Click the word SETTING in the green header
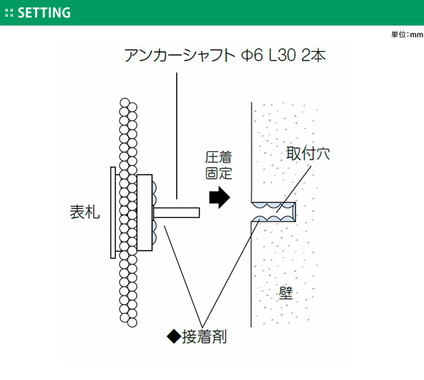click(44, 12)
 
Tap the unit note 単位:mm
click(407, 34)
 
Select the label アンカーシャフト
click(180, 56)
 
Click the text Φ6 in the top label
click(251, 56)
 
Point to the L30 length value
click(282, 56)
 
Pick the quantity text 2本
click(314, 56)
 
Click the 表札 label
click(85, 212)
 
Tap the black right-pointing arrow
click(219, 197)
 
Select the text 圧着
click(219, 157)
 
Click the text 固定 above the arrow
click(219, 173)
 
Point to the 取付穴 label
click(308, 153)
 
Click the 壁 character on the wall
click(286, 293)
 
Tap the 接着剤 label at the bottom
click(204, 337)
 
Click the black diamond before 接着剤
click(174, 337)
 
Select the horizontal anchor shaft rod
click(176, 213)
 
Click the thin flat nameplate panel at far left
click(113, 213)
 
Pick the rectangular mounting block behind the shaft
click(145, 213)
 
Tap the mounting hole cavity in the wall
click(273, 212)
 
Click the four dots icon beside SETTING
click(9, 13)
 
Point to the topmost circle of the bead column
click(125, 102)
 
